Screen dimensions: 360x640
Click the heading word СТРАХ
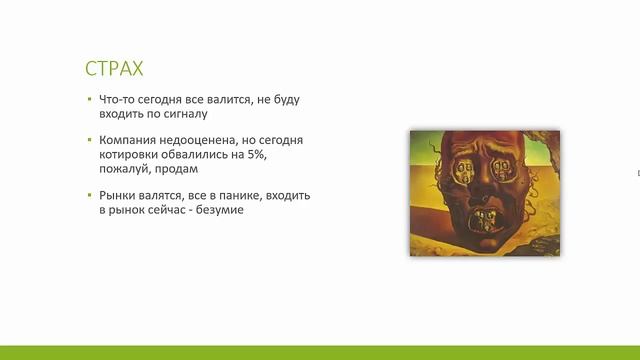coord(114,69)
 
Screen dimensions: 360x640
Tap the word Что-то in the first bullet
coord(117,100)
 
